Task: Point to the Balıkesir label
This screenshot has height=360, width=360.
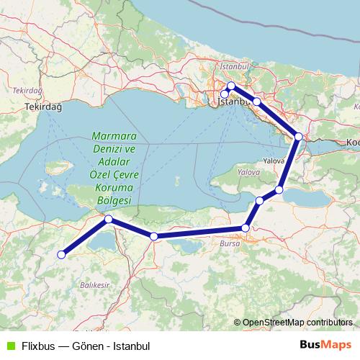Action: [94, 285]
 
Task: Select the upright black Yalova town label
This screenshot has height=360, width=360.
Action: [274, 161]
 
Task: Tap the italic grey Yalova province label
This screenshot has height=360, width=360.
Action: [248, 173]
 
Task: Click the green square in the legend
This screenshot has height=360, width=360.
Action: [9, 344]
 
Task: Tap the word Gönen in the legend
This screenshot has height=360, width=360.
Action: [88, 344]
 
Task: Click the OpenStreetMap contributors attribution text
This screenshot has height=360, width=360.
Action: [297, 323]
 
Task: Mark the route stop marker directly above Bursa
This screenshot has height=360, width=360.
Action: [246, 228]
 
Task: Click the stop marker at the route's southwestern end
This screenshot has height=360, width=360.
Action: [62, 253]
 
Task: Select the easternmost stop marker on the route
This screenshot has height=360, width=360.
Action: [298, 136]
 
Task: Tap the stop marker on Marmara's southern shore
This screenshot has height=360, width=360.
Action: [108, 219]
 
